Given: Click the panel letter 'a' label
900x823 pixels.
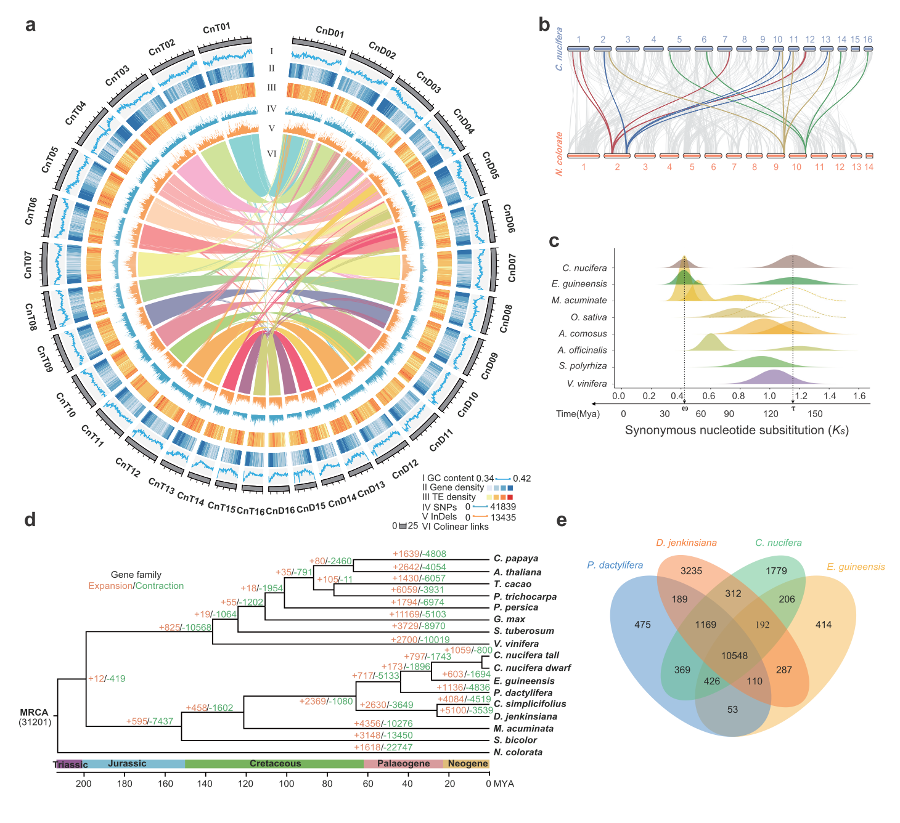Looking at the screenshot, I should click(30, 25).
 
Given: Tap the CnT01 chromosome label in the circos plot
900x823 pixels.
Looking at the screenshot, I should click(216, 28).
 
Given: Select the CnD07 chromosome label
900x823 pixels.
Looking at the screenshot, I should click(512, 268).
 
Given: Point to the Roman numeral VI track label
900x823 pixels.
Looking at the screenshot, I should click(271, 154).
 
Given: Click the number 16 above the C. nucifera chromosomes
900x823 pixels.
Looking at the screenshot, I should click(867, 39).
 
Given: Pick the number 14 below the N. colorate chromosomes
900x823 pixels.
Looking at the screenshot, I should click(869, 167).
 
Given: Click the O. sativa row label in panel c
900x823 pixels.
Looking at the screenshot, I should click(589, 317).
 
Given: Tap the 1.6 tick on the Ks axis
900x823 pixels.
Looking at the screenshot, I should click(859, 396).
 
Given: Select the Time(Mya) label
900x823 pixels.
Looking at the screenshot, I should click(578, 414).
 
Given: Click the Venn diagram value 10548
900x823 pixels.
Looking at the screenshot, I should click(734, 655).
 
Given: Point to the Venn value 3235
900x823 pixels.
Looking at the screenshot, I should click(691, 570).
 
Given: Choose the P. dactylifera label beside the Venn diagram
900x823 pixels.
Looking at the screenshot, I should click(615, 565).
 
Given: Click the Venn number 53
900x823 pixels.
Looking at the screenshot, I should click(732, 709).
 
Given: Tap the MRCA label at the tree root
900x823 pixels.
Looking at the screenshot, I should click(34, 712).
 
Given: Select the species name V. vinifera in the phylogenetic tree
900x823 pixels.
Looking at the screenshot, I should click(516, 644).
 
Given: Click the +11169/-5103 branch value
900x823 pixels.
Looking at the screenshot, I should click(417, 614).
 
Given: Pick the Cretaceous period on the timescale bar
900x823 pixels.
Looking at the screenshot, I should click(275, 764).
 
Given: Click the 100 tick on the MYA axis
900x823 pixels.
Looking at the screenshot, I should click(286, 784).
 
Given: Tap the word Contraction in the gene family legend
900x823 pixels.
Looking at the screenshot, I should click(160, 586).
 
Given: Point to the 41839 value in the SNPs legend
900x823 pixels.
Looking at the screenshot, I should click(503, 507).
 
